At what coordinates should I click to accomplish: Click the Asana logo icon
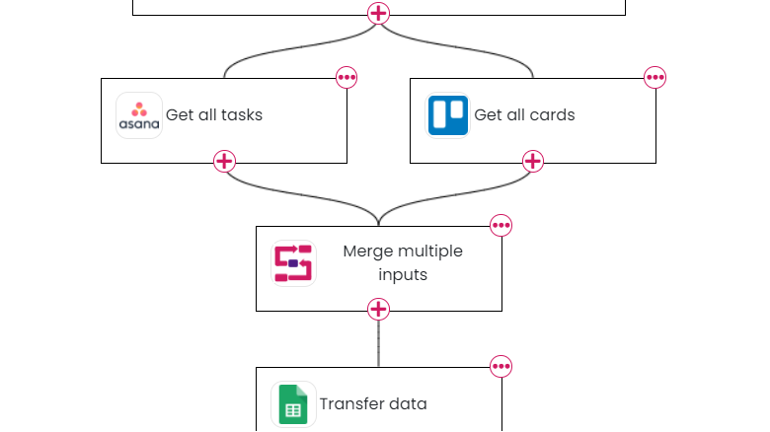pyautogui.click(x=139, y=115)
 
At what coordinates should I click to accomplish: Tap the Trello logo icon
pyautogui.click(x=448, y=115)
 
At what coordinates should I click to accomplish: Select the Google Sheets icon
pyautogui.click(x=293, y=404)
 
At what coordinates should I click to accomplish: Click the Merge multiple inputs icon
pyautogui.click(x=293, y=263)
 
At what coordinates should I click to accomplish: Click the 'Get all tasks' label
pyautogui.click(x=214, y=115)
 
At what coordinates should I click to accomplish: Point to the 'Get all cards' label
pyautogui.click(x=524, y=115)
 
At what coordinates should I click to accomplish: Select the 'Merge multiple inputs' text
pyautogui.click(x=403, y=262)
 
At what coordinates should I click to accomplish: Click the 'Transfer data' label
pyautogui.click(x=373, y=404)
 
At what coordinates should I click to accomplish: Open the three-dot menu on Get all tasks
pyautogui.click(x=346, y=77)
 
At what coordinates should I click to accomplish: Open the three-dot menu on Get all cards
pyautogui.click(x=655, y=77)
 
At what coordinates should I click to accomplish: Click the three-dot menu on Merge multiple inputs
pyautogui.click(x=501, y=225)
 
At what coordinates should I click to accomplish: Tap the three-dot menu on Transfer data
pyautogui.click(x=501, y=367)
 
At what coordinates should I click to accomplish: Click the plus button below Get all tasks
pyautogui.click(x=225, y=162)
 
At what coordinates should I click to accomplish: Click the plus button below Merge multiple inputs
pyautogui.click(x=379, y=310)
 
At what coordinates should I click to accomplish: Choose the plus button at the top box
pyautogui.click(x=379, y=14)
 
